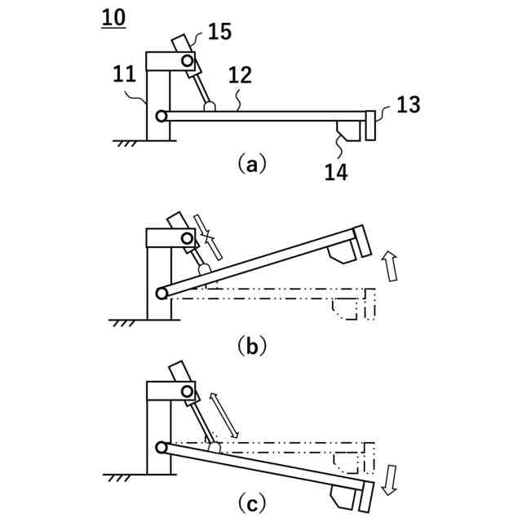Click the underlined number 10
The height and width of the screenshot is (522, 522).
click(x=113, y=17)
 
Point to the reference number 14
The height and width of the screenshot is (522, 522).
click(x=336, y=171)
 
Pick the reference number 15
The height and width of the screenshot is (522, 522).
click(x=219, y=32)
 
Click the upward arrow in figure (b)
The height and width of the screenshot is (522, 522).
click(x=391, y=267)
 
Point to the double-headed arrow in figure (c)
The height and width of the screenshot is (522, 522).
click(x=225, y=413)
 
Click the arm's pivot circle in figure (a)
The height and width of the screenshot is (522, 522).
click(x=161, y=116)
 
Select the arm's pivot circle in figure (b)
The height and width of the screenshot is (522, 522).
click(x=161, y=293)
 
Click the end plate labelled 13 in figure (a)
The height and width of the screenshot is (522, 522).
click(x=370, y=124)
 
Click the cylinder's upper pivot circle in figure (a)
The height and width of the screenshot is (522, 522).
click(x=188, y=60)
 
